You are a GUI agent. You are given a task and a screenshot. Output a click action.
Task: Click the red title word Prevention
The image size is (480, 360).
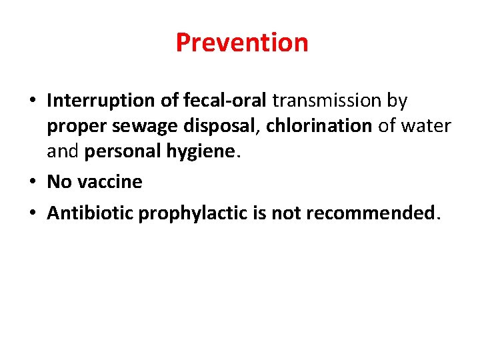(242, 43)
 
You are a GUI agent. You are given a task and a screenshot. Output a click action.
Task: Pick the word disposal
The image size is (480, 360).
(220, 126)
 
